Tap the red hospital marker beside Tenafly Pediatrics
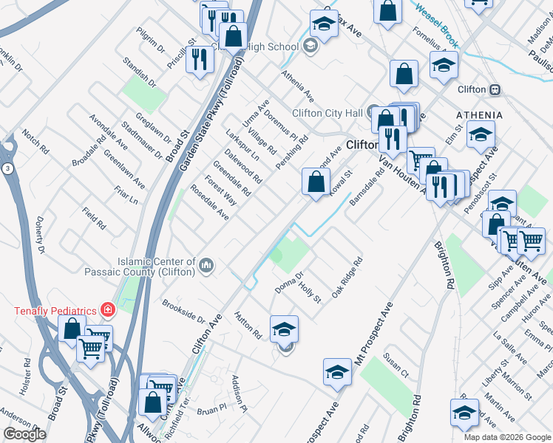pos(107,309)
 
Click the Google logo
pos(24,434)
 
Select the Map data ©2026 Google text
pos(507,437)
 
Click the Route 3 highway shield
pos(7,170)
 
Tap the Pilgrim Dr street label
pos(151,41)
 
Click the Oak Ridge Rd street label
pos(347,278)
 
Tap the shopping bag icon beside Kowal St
pos(316,181)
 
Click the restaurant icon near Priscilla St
pos(199,59)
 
